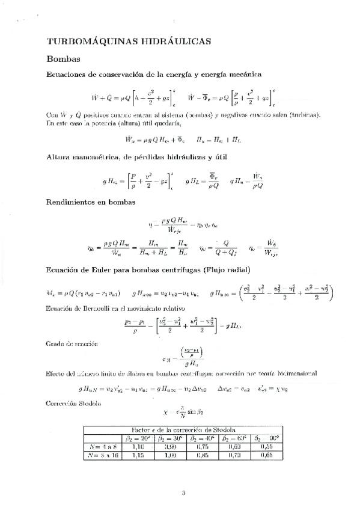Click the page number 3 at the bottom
point(184,493)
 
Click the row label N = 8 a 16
point(102,455)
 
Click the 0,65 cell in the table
point(266,455)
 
